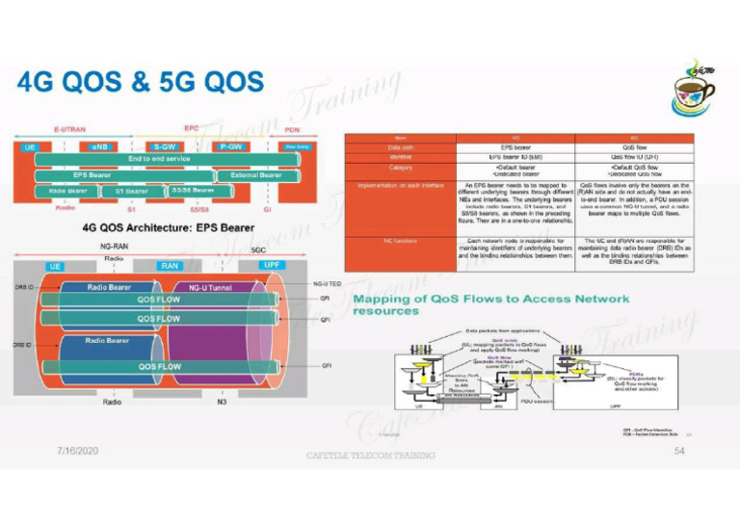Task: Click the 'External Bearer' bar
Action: pyautogui.click(x=255, y=175)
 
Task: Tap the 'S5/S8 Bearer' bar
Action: pyautogui.click(x=193, y=190)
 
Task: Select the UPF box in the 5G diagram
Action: pyautogui.click(x=273, y=264)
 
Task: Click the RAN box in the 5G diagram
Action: pyautogui.click(x=170, y=265)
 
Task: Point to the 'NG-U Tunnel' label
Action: pyautogui.click(x=209, y=286)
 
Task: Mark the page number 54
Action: pyautogui.click(x=680, y=451)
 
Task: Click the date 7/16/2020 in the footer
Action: pyautogui.click(x=78, y=451)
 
